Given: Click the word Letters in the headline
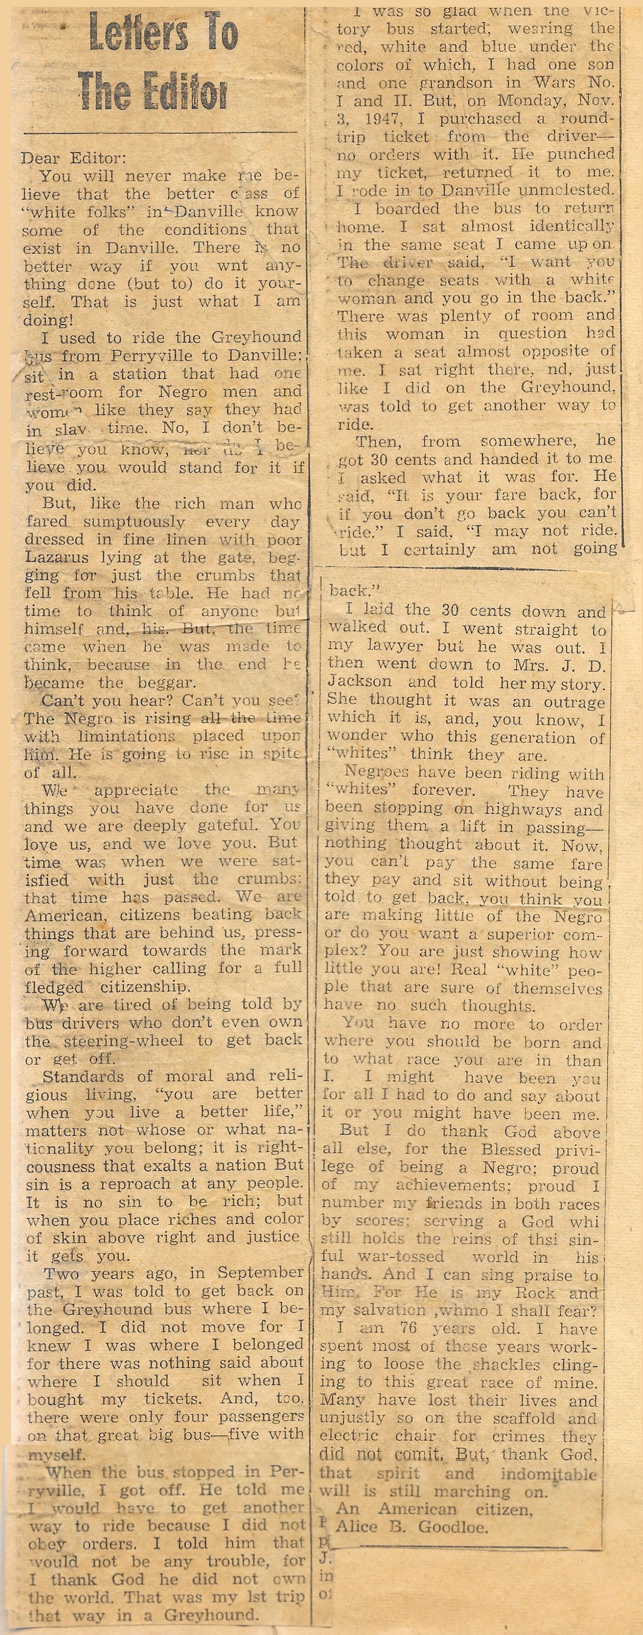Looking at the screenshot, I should click(133, 34).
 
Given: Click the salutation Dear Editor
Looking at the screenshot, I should click(73, 157).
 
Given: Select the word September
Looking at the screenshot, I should click(260, 1273).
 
